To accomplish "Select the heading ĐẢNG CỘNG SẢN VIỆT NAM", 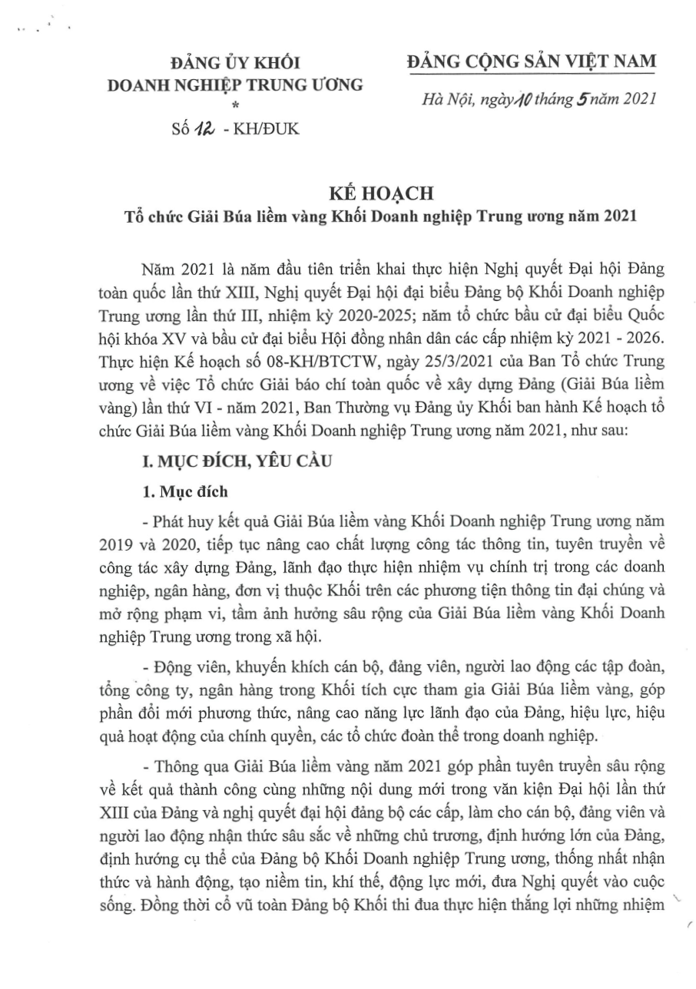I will point(532,61).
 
